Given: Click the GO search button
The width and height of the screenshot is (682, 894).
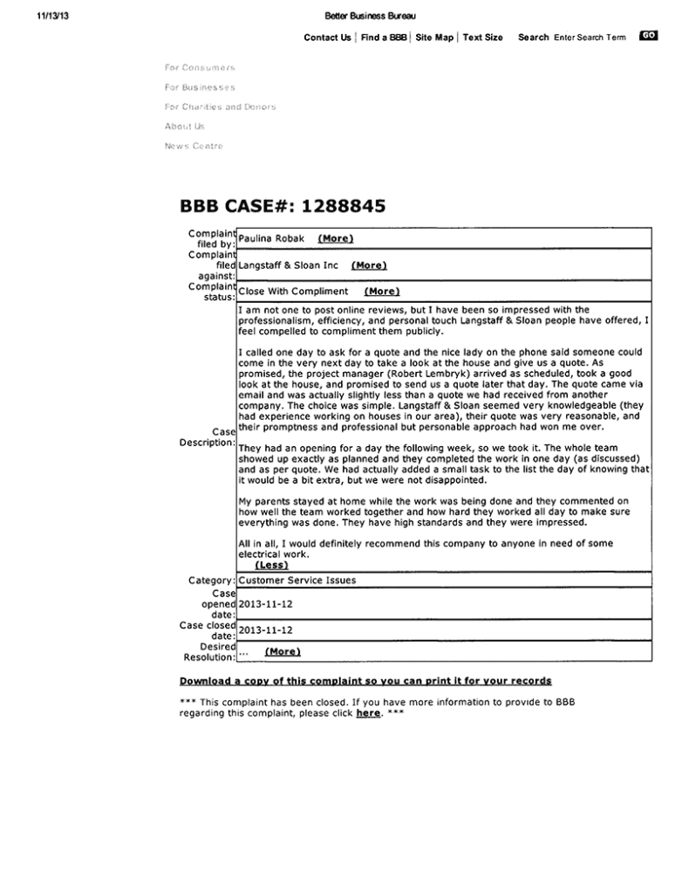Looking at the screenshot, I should (x=648, y=36).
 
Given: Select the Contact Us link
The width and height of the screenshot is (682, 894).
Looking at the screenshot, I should (x=327, y=38).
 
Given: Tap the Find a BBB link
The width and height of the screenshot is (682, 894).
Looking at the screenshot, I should (x=384, y=38).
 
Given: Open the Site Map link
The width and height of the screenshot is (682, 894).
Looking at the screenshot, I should (x=434, y=38).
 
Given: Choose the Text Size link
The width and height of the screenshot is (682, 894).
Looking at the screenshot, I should (x=482, y=38).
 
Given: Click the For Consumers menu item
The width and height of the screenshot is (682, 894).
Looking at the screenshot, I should (x=200, y=67).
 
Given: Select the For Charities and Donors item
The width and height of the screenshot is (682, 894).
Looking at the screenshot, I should (x=220, y=107).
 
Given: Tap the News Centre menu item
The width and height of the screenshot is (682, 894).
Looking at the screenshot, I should (x=194, y=146).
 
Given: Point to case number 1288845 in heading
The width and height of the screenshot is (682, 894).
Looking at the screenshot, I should (x=344, y=207).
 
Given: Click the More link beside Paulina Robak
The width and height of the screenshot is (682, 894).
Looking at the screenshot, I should (x=336, y=238).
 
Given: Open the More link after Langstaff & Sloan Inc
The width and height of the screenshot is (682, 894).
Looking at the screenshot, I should (x=369, y=265).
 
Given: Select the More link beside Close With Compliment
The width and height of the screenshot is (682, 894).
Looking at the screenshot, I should (x=382, y=292).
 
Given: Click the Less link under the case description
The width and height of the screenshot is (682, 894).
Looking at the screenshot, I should (x=271, y=565).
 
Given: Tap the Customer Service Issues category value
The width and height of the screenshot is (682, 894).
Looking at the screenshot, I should (x=297, y=580).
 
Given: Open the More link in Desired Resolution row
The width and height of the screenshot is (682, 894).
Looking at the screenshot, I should (x=283, y=651).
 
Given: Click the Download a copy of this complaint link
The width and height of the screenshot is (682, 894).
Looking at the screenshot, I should (x=365, y=680).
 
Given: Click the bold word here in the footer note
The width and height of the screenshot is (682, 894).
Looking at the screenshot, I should (x=368, y=713).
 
